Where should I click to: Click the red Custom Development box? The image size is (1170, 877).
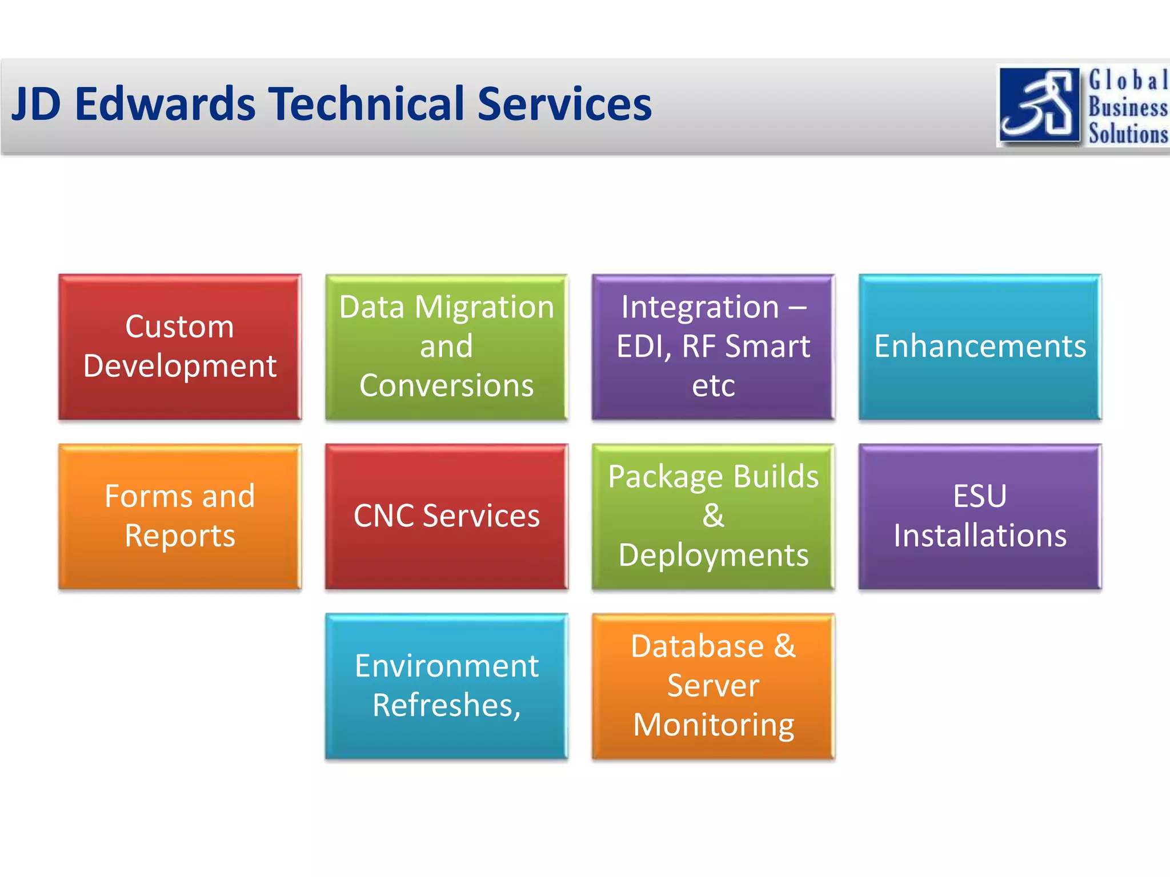coord(180,347)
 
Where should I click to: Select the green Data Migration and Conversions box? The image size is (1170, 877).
coord(446,347)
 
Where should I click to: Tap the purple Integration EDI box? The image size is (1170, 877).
coord(713,347)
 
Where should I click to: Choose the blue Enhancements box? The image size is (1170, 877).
coord(980,347)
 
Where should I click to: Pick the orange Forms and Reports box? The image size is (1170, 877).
coord(180,516)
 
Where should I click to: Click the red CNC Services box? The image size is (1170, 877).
coord(446,516)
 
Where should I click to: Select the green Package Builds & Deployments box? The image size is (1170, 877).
coord(713,516)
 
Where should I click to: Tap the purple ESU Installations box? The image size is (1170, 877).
coord(980,516)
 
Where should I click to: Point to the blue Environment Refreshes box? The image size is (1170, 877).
coord(446,686)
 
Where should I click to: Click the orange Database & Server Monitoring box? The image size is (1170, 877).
coord(713,686)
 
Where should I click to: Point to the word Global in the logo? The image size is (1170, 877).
coord(1128,81)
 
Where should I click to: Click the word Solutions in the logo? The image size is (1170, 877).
coord(1128,134)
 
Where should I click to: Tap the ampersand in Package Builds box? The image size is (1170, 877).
coord(713,516)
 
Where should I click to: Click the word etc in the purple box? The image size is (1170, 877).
coord(713,385)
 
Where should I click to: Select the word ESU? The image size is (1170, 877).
coord(980,496)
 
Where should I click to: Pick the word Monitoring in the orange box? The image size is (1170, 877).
coord(713,725)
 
